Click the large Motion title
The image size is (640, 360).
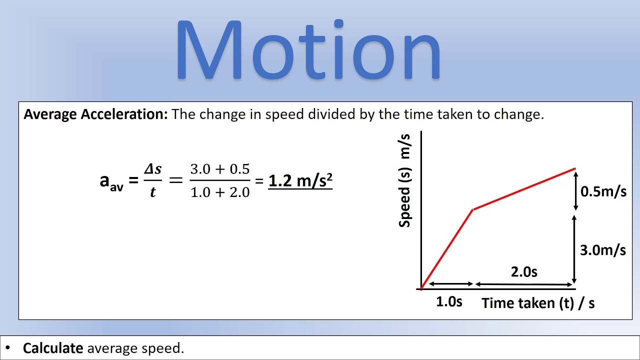coord(308,49)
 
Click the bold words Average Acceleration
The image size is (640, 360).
coord(95,114)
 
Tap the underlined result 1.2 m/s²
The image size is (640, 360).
coord(300,180)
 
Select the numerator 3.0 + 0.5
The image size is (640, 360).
coord(220,169)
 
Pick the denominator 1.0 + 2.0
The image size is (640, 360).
coord(220,192)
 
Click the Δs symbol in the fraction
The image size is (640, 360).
coord(153,169)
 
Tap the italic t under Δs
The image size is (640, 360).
coord(153,192)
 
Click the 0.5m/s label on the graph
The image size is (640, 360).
coord(603,191)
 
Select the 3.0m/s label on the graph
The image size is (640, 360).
coord(603,250)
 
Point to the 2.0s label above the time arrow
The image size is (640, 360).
coord(524,271)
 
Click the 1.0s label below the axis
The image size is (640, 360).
coord(449,301)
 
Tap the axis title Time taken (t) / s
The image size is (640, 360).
coord(538,303)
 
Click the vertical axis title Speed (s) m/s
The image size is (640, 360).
coord(404,180)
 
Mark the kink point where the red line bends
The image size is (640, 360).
coord(473,209)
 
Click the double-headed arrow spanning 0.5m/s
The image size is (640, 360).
coord(576,191)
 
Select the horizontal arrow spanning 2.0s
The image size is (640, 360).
coord(523,284)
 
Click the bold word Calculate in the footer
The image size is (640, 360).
coord(53,348)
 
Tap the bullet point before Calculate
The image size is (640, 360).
coord(7,347)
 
